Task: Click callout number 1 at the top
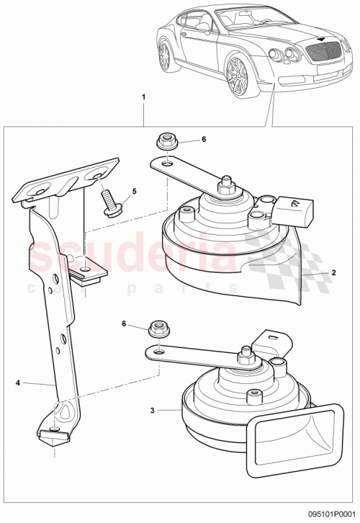143,96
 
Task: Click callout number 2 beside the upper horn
333,274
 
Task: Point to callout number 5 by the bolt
132,192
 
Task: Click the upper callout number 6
203,140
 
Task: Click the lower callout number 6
123,324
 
